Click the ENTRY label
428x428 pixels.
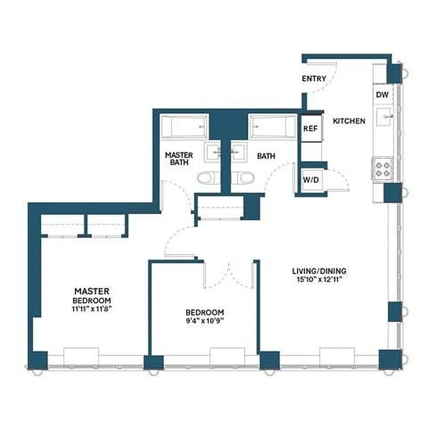click(314, 79)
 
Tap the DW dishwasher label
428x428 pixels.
click(381, 95)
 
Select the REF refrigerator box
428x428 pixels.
click(311, 129)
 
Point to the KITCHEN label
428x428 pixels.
click(349, 121)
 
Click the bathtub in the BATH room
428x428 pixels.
click(272, 127)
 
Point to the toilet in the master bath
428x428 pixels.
click(207, 178)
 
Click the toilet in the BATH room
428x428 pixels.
click(244, 178)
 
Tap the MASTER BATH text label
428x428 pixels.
click(178, 158)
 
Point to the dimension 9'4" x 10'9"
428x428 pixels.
click(204, 321)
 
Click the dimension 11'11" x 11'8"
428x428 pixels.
click(92, 309)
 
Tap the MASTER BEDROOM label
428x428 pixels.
click(92, 295)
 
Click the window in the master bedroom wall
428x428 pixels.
click(81, 356)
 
